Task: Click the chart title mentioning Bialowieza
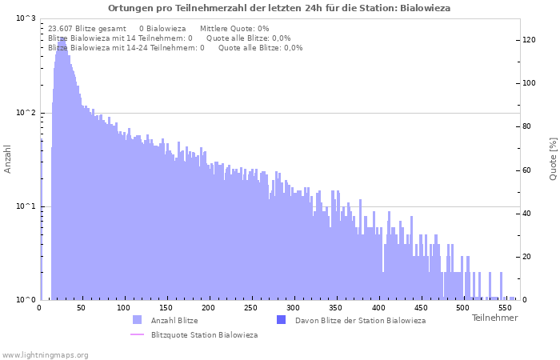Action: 279,8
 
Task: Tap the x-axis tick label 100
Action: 122,308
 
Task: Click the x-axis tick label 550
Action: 505,308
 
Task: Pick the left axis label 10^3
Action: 26,18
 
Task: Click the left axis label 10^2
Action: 26,113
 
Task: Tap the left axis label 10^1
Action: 26,206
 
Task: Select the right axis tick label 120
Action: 529,40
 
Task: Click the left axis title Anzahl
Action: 8,159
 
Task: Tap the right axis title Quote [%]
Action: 553,158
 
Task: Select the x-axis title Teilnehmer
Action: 494,318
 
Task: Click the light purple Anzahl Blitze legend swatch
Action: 138,320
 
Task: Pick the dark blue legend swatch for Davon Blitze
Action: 281,320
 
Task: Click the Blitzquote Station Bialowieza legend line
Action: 138,334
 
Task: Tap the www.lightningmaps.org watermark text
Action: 46,354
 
